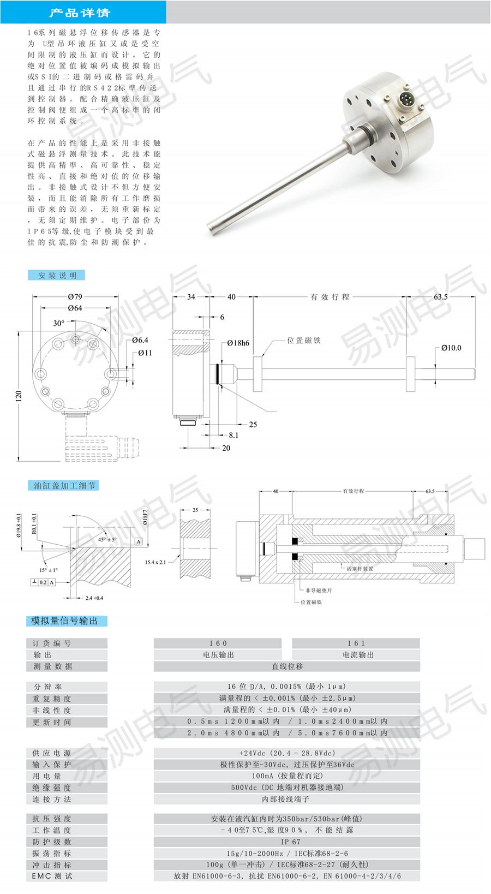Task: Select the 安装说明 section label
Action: click(57, 276)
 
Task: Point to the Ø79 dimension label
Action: click(75, 297)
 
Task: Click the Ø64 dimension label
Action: click(75, 308)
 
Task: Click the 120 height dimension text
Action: click(19, 395)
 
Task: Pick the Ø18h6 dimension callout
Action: click(238, 343)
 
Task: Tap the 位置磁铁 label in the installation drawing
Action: click(304, 341)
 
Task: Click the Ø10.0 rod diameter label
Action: click(451, 348)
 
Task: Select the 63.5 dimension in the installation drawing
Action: click(440, 297)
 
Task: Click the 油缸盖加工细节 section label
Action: click(64, 485)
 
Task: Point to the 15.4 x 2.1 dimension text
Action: click(155, 562)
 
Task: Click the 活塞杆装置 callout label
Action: click(360, 569)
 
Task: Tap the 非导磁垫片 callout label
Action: click(319, 590)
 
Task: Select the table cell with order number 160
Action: click(218, 643)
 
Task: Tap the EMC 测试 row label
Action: click(52, 876)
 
